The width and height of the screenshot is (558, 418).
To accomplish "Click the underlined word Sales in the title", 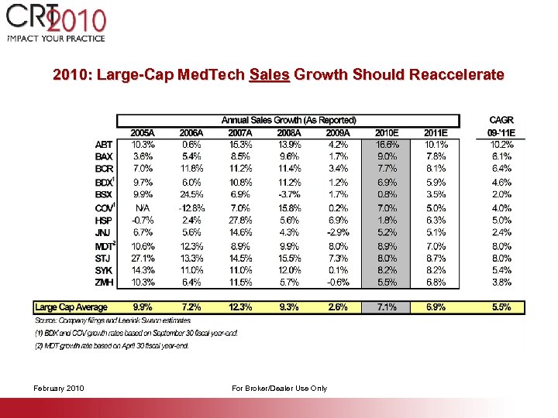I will pyautogui.click(x=270, y=75).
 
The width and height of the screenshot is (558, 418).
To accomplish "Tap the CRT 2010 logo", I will pyautogui.click(x=57, y=23).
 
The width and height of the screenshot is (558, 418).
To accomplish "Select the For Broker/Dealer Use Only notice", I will pyautogui.click(x=279, y=388).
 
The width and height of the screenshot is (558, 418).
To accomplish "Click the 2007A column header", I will pyautogui.click(x=239, y=132).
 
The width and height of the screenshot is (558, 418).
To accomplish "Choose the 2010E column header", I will pyautogui.click(x=387, y=132).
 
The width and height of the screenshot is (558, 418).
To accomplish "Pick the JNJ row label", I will pyautogui.click(x=104, y=231).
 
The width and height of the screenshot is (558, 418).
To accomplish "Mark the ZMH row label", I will pyautogui.click(x=104, y=283).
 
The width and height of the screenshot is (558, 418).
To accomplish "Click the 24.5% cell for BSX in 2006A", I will pyautogui.click(x=191, y=194).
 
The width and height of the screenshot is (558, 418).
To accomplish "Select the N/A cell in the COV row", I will pyautogui.click(x=143, y=207).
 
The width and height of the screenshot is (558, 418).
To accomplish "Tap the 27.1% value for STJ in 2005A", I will pyautogui.click(x=143, y=258).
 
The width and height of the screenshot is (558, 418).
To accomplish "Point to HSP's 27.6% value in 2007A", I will pyautogui.click(x=239, y=220).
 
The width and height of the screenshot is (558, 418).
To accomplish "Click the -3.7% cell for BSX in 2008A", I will pyautogui.click(x=288, y=194).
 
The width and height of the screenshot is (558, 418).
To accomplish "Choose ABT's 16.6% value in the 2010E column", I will pyautogui.click(x=387, y=144).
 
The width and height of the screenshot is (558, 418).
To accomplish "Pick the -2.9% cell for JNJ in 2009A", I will pyautogui.click(x=338, y=231).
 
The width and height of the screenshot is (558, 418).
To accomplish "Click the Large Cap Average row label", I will pyautogui.click(x=72, y=307).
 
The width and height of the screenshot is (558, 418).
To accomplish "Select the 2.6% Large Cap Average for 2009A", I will pyautogui.click(x=338, y=307).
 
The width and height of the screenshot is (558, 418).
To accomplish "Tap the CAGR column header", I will pyautogui.click(x=501, y=121).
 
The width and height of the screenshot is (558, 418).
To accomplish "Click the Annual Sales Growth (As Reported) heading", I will pyautogui.click(x=288, y=120).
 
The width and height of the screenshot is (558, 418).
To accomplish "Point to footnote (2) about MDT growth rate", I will pyautogui.click(x=112, y=346).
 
